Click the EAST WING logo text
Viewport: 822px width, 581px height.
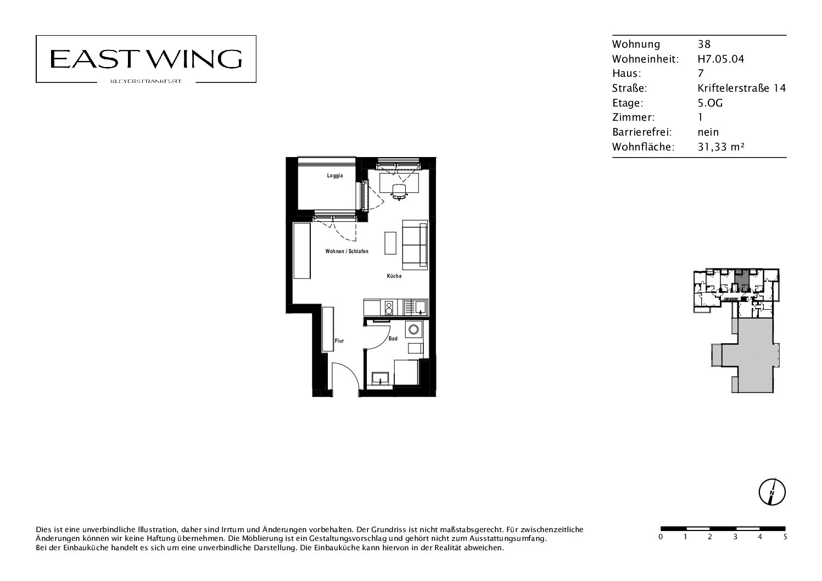[146, 59]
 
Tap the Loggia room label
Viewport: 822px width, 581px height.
[335, 176]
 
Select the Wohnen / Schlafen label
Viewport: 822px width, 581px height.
[347, 252]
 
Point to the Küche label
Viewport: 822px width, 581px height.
[394, 276]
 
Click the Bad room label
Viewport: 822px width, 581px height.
[393, 339]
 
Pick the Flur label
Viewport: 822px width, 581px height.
[339, 341]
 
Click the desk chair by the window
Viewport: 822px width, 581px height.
[399, 192]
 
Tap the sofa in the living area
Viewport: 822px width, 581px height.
[415, 245]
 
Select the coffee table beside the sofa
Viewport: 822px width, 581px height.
[390, 243]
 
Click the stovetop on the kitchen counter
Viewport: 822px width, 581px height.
[389, 308]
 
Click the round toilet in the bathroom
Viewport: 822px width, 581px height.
[413, 329]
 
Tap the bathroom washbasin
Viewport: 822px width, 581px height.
[380, 378]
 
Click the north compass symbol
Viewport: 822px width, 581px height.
[772, 493]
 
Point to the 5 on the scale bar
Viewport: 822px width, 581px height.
[785, 537]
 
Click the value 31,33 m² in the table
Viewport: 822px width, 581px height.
[721, 147]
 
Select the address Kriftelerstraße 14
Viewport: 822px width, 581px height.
[742, 88]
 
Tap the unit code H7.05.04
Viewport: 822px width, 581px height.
[721, 59]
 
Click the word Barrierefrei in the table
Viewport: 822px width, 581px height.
[642, 132]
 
